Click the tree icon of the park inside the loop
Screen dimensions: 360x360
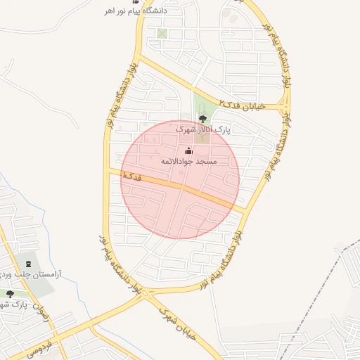click(203, 119)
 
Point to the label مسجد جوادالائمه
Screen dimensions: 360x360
click(189, 162)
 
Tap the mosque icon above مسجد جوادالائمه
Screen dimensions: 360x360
click(188, 150)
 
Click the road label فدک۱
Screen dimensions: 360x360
click(131, 176)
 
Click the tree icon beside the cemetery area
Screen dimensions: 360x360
click(10, 293)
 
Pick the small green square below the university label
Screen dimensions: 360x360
click(162, 33)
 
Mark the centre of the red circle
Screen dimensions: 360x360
click(181, 179)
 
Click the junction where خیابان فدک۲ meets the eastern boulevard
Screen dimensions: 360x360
click(285, 106)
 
